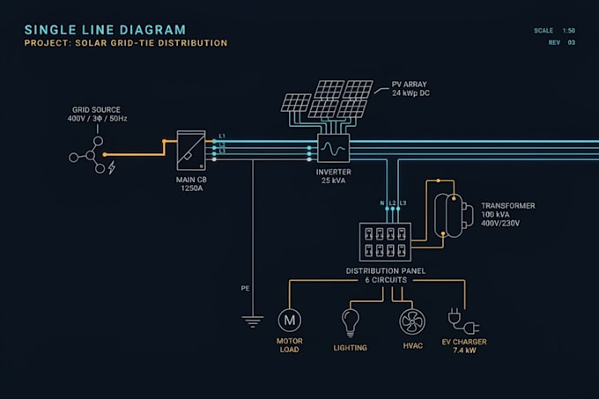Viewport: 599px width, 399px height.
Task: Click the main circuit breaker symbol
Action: tap(191, 151)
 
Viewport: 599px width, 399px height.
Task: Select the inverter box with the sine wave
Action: tap(333, 149)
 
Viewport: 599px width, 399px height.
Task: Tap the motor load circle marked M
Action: tap(290, 320)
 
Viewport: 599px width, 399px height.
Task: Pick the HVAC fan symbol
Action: tap(412, 321)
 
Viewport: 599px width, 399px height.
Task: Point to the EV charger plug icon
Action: tap(463, 321)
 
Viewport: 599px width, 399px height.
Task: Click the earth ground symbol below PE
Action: tap(253, 321)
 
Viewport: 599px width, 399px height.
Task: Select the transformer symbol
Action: tap(454, 216)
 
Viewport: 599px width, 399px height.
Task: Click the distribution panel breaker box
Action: tap(385, 242)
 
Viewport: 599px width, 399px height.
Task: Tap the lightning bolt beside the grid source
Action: tap(112, 167)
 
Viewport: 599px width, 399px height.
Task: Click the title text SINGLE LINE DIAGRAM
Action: tap(105, 30)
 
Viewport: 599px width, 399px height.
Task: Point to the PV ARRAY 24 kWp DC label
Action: tap(410, 89)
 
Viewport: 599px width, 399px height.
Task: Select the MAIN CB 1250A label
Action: tap(191, 184)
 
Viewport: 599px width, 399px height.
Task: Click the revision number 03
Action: tap(571, 42)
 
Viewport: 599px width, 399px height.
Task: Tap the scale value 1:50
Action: tap(568, 31)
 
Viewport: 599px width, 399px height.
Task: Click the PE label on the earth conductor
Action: tap(245, 288)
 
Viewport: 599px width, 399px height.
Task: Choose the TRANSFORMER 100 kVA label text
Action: tap(508, 214)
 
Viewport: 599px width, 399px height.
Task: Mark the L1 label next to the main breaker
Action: tap(222, 137)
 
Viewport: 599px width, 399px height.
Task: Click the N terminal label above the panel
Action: tap(382, 203)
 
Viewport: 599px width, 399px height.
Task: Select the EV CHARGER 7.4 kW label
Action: tap(464, 346)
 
